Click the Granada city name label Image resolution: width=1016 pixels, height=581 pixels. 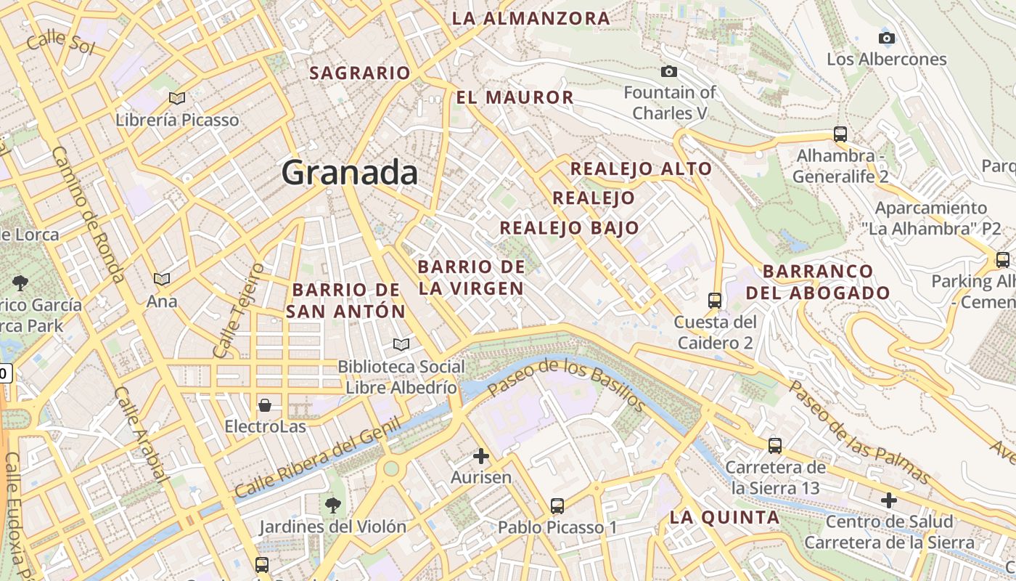click(x=349, y=173)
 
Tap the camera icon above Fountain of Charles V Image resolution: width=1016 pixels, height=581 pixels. click(x=669, y=71)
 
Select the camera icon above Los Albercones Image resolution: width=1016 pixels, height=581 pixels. click(x=886, y=38)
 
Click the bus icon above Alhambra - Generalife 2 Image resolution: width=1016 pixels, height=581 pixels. click(x=840, y=134)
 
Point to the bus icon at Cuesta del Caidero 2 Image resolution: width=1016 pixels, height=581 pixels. click(x=715, y=300)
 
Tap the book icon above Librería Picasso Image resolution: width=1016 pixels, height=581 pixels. click(x=177, y=98)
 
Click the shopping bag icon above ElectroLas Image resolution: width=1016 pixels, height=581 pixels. click(x=265, y=405)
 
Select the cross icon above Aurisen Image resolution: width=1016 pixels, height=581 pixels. click(x=481, y=456)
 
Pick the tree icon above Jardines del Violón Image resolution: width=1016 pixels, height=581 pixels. click(x=333, y=504)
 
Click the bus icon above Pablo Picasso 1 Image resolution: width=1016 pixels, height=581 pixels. click(x=557, y=505)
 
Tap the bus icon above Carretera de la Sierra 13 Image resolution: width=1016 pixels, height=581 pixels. click(x=775, y=445)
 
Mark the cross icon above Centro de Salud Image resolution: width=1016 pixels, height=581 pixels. click(x=889, y=500)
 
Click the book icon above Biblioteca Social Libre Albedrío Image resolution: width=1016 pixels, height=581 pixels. click(x=401, y=344)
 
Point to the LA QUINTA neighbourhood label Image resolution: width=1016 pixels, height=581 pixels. click(x=724, y=518)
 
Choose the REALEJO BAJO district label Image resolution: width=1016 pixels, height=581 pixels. click(x=570, y=228)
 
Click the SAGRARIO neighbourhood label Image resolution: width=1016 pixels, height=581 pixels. click(x=360, y=73)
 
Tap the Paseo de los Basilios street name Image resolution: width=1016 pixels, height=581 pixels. click(x=566, y=385)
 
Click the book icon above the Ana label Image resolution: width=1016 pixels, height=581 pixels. click(x=162, y=279)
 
